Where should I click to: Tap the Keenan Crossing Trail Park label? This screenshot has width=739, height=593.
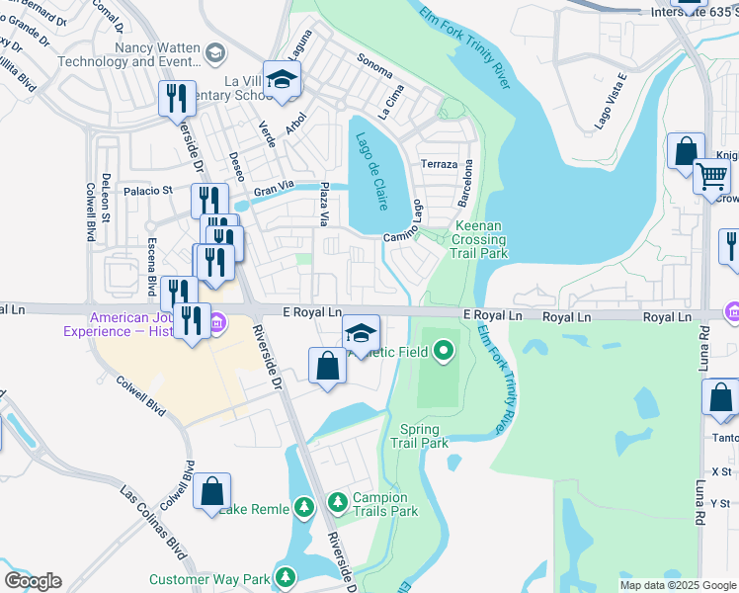tap(480, 240)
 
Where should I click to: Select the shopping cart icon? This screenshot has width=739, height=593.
tap(711, 177)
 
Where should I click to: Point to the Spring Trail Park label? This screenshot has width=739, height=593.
tap(425, 436)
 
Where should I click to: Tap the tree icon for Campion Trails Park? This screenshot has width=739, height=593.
tap(337, 503)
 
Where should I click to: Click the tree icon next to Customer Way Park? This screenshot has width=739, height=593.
tap(286, 577)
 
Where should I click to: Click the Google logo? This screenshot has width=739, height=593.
tap(33, 581)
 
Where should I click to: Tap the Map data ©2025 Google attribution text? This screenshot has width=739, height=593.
tap(677, 585)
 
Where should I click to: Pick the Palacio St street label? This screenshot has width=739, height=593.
tap(147, 190)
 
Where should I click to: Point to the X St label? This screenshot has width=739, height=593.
tap(720, 471)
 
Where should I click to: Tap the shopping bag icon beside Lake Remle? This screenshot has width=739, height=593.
tap(211, 491)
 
